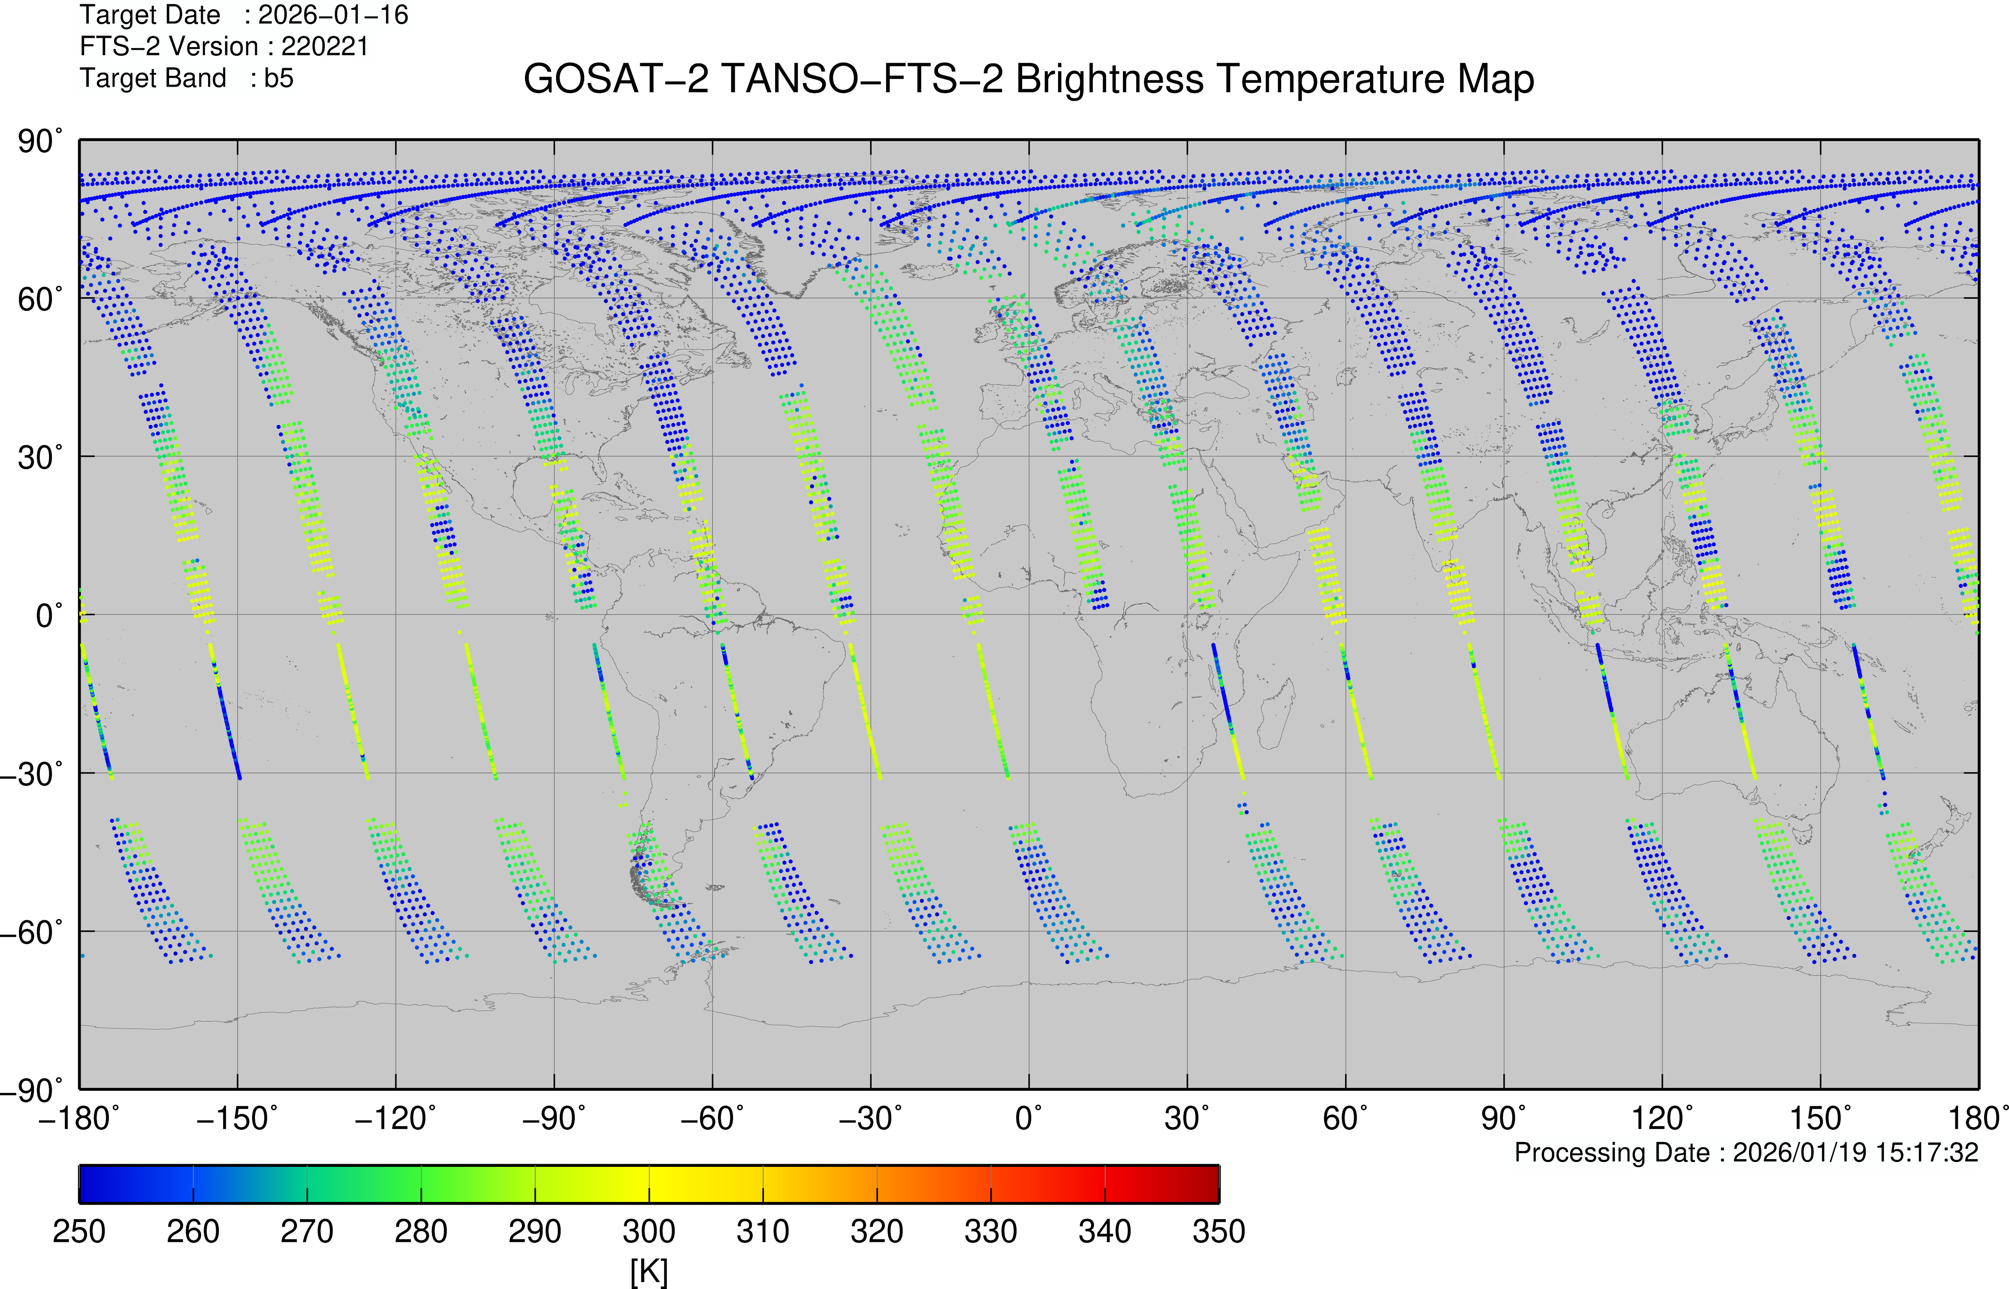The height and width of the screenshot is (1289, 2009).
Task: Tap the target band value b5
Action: coord(279,78)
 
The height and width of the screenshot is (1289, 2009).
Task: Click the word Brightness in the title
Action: coord(1110,79)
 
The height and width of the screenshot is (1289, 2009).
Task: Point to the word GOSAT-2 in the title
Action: coord(616,79)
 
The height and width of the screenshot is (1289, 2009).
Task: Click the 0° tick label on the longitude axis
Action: coord(1029,1118)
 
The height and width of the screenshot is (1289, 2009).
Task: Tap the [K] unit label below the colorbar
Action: coord(649,1271)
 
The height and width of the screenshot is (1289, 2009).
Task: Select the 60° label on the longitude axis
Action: coord(1345,1118)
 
